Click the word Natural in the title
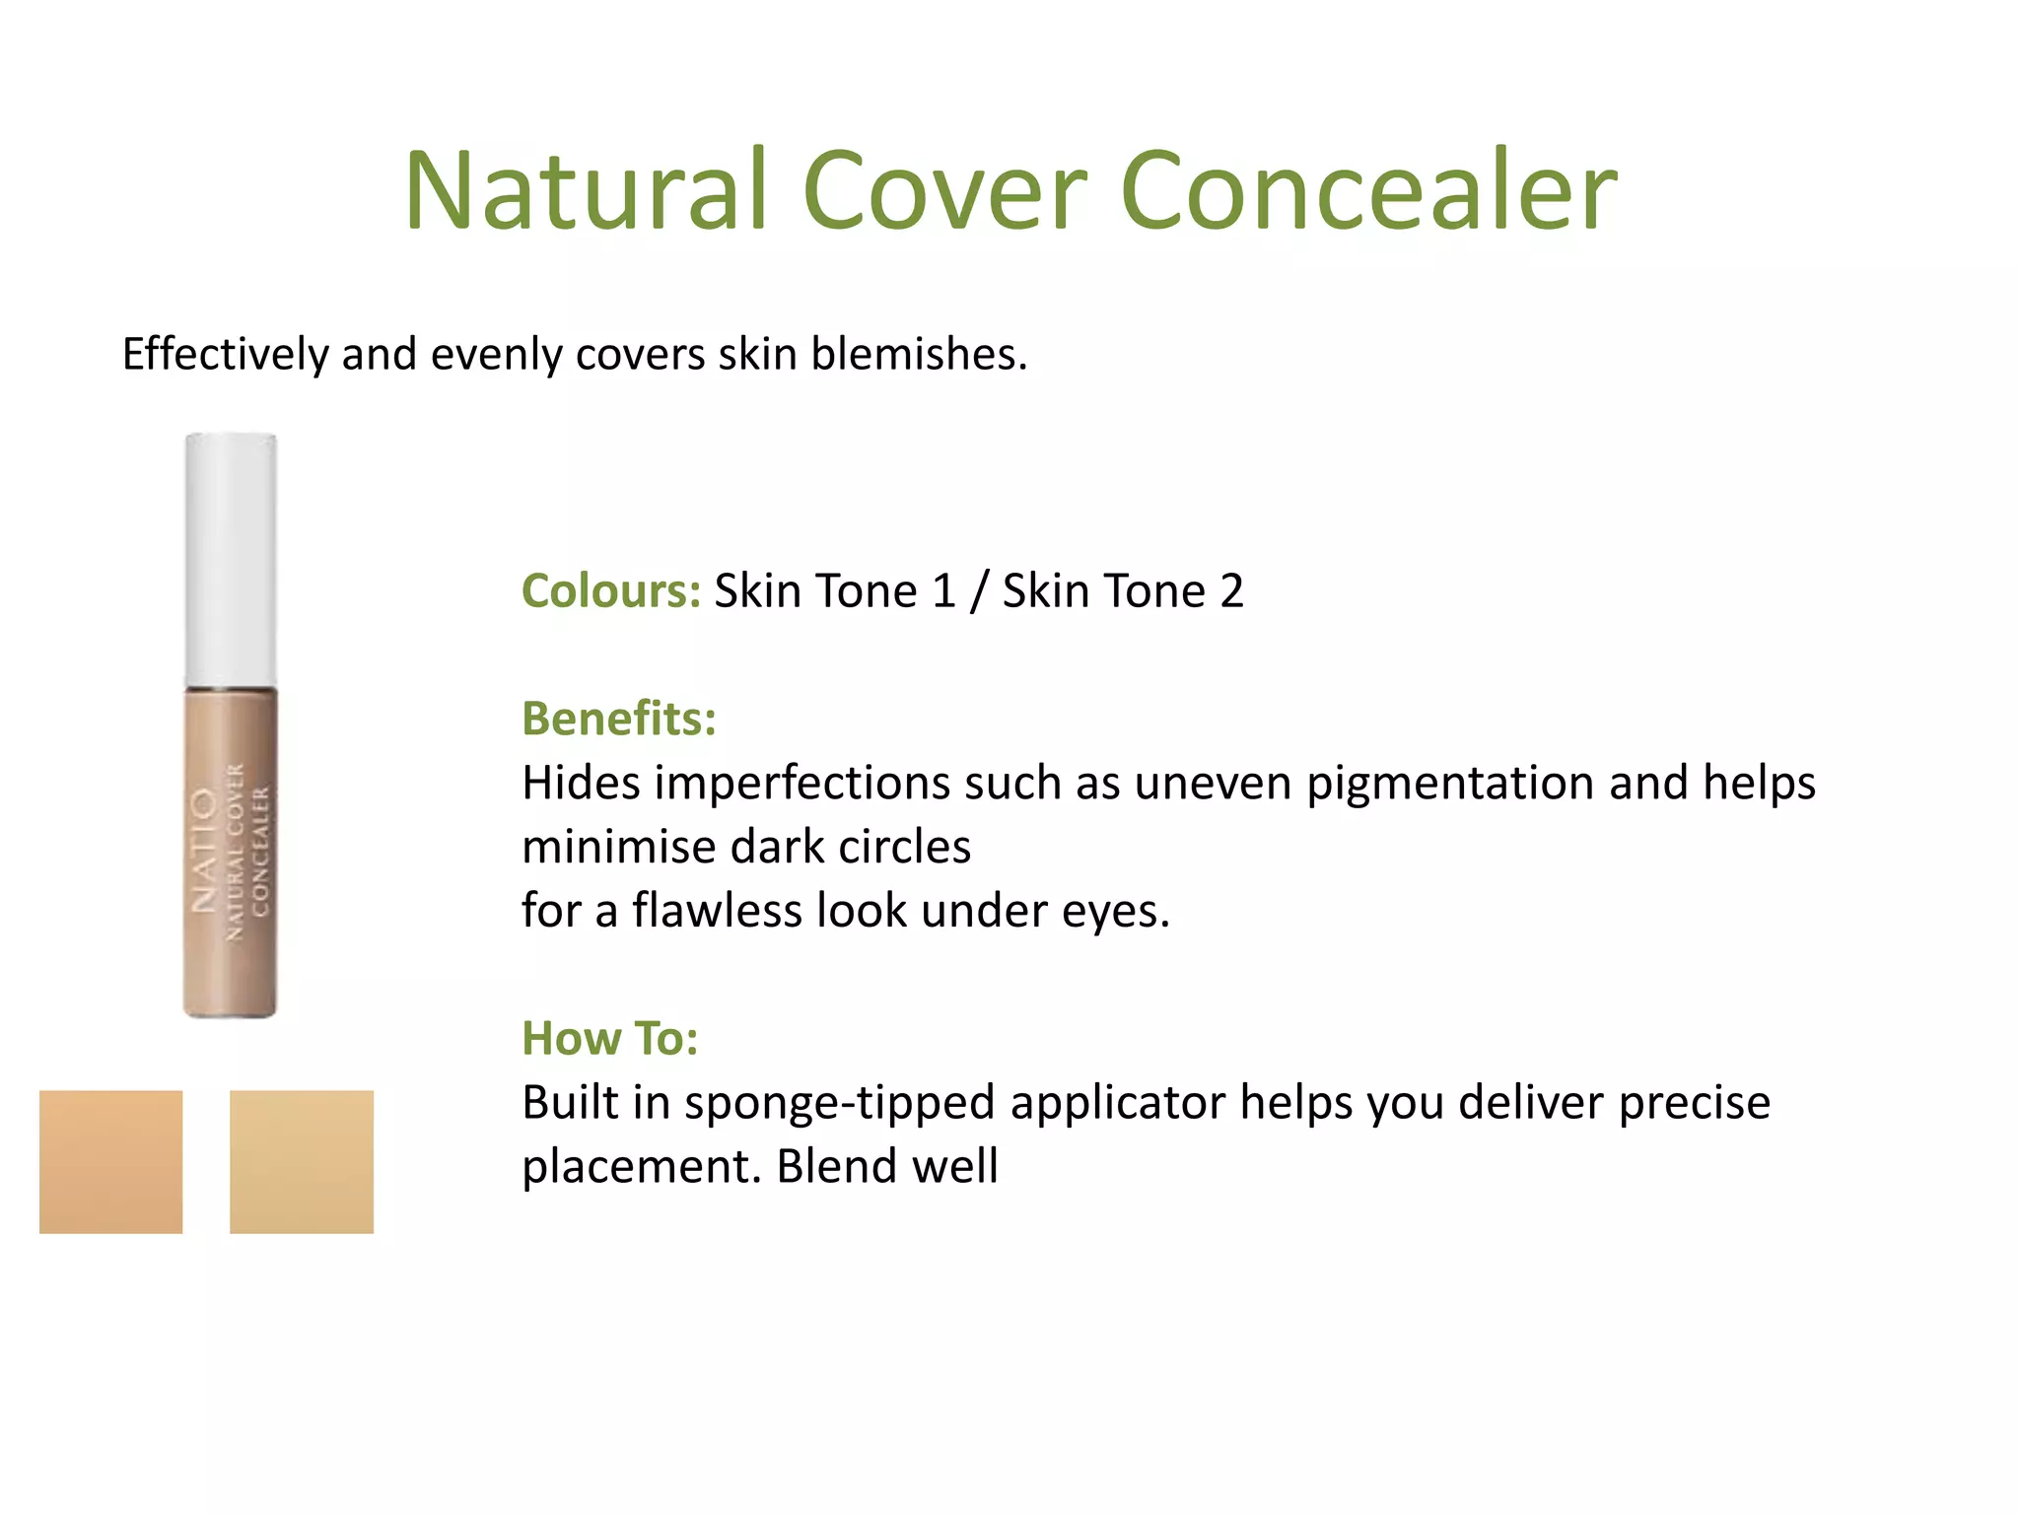[586, 191]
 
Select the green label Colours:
[611, 591]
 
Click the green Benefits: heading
[619, 719]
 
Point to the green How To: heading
[610, 1039]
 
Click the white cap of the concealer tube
[231, 559]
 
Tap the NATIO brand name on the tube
[204, 850]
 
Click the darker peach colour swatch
[111, 1161]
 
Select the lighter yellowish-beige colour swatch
[302, 1161]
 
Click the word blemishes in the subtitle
[918, 354]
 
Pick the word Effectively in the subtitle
[226, 354]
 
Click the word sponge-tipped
[839, 1103]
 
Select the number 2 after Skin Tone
[1231, 591]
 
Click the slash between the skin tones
[979, 591]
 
